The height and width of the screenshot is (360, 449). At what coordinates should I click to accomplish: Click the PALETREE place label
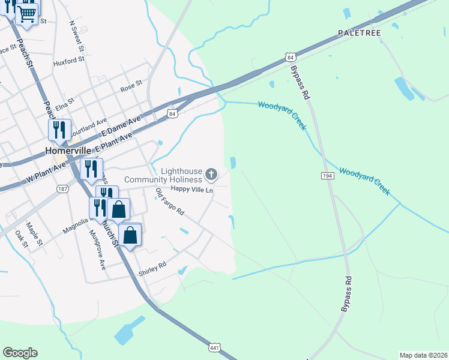(x=359, y=32)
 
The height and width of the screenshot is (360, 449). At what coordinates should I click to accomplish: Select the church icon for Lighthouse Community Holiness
(x=211, y=175)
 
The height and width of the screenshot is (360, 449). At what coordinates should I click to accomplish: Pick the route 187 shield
(x=62, y=188)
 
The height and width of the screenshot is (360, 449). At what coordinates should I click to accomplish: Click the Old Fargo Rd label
(x=169, y=203)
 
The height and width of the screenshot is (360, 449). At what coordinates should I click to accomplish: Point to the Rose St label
(x=131, y=86)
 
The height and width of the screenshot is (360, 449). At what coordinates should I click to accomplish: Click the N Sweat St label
(x=77, y=36)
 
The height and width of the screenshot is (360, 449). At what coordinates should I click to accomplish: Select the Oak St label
(x=21, y=239)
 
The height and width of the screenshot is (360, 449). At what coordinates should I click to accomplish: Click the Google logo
(x=20, y=353)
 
